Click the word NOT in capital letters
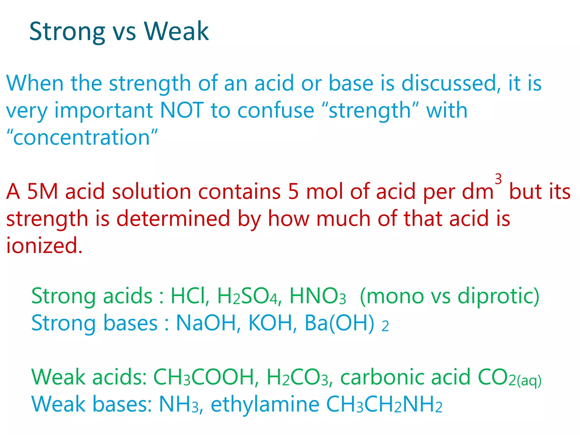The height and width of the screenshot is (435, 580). (182, 110)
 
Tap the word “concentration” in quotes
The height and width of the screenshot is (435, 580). (82, 137)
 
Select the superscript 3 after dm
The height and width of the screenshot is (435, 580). (498, 179)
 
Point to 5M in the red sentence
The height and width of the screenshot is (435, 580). (42, 192)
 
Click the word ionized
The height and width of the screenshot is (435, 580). (44, 245)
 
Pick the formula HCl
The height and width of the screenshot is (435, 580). (189, 296)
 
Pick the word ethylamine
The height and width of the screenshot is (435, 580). (265, 404)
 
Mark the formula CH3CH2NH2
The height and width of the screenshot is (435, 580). (384, 405)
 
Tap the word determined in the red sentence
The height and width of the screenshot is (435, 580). (173, 219)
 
